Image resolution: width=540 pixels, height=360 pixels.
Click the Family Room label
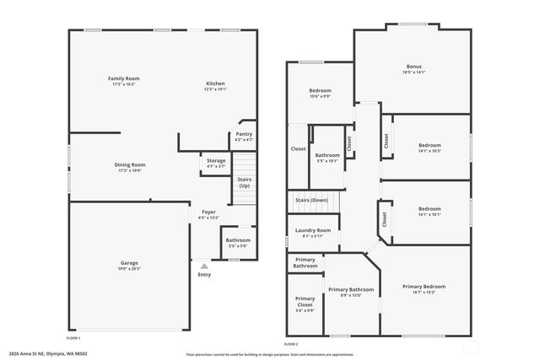coord(123,78)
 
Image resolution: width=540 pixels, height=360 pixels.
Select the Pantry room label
coord(244,134)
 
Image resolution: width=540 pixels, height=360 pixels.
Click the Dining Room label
coord(130,164)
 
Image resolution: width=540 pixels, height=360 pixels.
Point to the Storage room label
coord(216,160)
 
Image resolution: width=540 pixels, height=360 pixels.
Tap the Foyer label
coord(208,212)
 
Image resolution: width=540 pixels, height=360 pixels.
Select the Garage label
coord(129,263)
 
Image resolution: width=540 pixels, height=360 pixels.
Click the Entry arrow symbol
coord(204,265)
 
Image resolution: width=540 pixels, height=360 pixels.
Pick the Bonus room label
coord(413,67)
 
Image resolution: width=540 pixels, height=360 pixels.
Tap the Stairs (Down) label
coord(311,200)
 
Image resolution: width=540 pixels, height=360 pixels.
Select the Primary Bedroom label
coord(424,287)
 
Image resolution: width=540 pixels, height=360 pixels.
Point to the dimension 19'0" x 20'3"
coord(129,268)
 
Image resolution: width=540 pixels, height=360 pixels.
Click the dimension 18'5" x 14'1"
coord(413,72)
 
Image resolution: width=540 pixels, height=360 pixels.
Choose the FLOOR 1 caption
coord(74,338)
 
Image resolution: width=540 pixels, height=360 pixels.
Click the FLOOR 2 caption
coord(291,344)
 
